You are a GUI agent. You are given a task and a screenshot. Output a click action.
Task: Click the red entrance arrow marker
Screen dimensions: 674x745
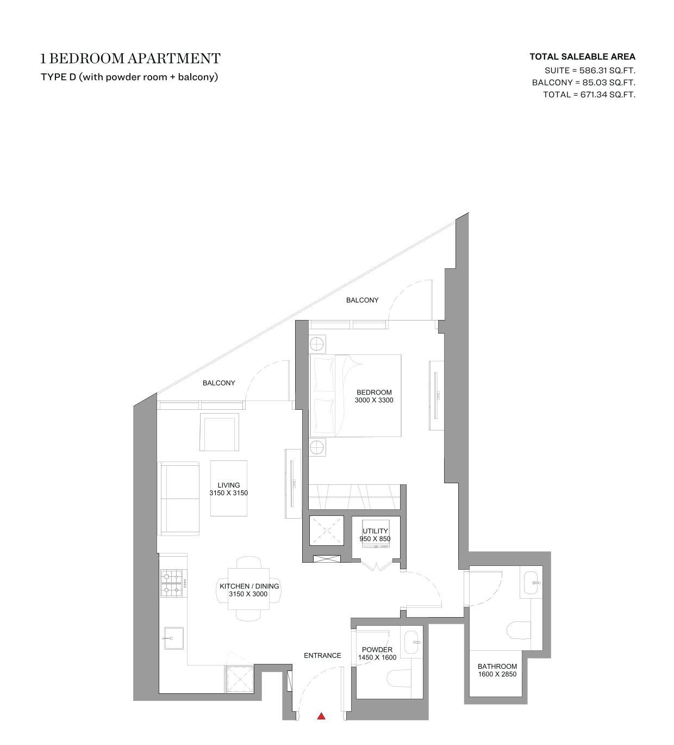coord(321,716)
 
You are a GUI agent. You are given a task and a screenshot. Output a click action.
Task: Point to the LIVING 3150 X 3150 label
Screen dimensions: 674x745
coord(228,489)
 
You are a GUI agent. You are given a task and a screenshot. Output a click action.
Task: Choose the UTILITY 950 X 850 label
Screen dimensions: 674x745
coord(375,535)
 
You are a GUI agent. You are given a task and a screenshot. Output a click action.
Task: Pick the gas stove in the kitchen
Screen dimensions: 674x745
coord(172,583)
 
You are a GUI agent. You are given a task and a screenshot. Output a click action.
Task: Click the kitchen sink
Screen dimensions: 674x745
coord(174,638)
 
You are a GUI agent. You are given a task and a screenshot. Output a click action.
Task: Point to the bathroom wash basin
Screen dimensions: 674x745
coord(531,583)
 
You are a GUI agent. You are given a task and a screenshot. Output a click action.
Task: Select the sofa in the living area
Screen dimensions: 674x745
coord(179,499)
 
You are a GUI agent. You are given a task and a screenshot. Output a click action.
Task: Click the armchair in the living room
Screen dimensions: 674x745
coord(219,432)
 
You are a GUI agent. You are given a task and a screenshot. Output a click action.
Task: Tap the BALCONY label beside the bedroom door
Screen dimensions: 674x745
coord(362,300)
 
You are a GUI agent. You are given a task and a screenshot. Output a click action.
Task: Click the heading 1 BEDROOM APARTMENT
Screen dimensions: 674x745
coord(130,58)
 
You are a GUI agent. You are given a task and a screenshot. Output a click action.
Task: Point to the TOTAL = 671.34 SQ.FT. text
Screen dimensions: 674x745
coord(589,95)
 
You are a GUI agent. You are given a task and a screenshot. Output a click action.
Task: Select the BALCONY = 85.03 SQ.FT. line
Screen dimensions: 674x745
coord(583,83)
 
